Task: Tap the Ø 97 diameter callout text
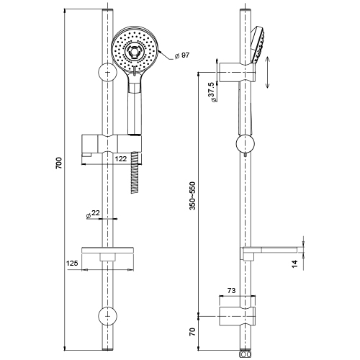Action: tap(181, 55)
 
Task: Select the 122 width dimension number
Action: tap(121, 159)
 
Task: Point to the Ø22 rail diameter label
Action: tap(93, 214)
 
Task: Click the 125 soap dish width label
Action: tap(72, 264)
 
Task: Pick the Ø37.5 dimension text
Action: tap(213, 92)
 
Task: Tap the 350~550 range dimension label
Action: tap(192, 196)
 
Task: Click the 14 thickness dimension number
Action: tap(294, 264)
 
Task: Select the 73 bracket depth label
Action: tap(231, 290)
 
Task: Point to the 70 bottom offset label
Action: tap(193, 332)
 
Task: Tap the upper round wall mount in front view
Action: tap(107, 72)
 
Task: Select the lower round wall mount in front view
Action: tap(107, 316)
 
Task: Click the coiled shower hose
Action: tap(135, 172)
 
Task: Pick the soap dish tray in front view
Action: tap(108, 250)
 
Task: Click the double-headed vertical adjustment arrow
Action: tap(268, 72)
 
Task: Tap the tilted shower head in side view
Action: tap(257, 45)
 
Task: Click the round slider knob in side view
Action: tap(246, 144)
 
